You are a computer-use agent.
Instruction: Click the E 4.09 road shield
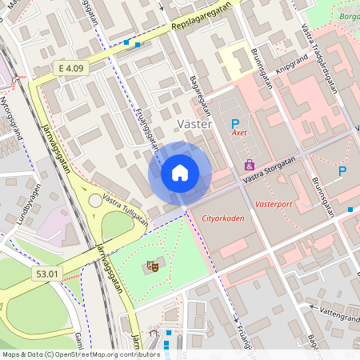pyautogui.click(x=69, y=69)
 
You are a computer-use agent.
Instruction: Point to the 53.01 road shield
pyautogui.click(x=47, y=274)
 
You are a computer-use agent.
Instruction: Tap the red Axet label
pyautogui.click(x=239, y=135)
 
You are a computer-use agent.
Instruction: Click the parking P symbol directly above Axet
pyautogui.click(x=235, y=123)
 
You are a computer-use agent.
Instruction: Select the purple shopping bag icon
pyautogui.click(x=250, y=165)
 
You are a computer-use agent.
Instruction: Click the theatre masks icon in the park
pyautogui.click(x=152, y=265)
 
